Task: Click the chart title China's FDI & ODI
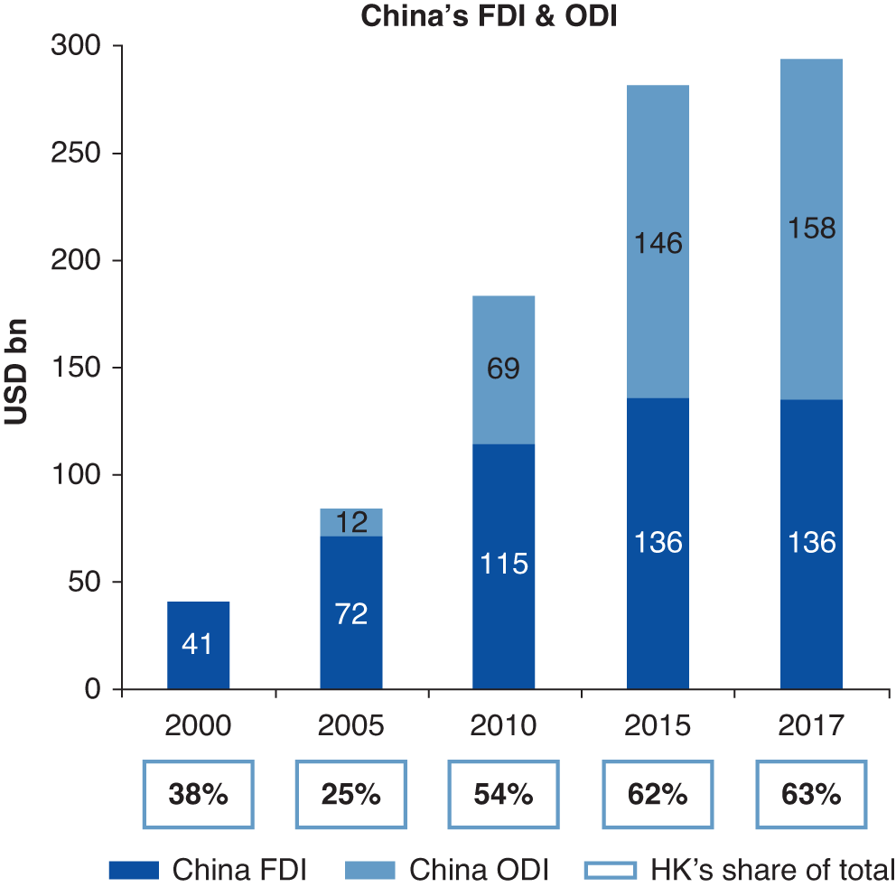pos(489,17)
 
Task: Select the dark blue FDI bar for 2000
pos(198,645)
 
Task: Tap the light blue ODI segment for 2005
pos(351,522)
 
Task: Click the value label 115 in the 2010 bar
pos(504,564)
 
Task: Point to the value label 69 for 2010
pos(504,369)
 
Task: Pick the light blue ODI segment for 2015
pos(658,241)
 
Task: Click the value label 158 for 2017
pos(811,228)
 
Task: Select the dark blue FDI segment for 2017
pos(811,544)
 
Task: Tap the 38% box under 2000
pos(198,795)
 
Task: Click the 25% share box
pos(351,795)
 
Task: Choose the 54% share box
pos(504,795)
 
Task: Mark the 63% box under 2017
pos(811,795)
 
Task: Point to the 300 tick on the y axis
pos(80,46)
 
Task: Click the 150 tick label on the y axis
pos(80,368)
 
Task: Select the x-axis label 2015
pos(658,726)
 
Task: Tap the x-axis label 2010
pos(504,726)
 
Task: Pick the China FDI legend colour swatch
pos(134,870)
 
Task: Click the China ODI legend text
pos(479,870)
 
